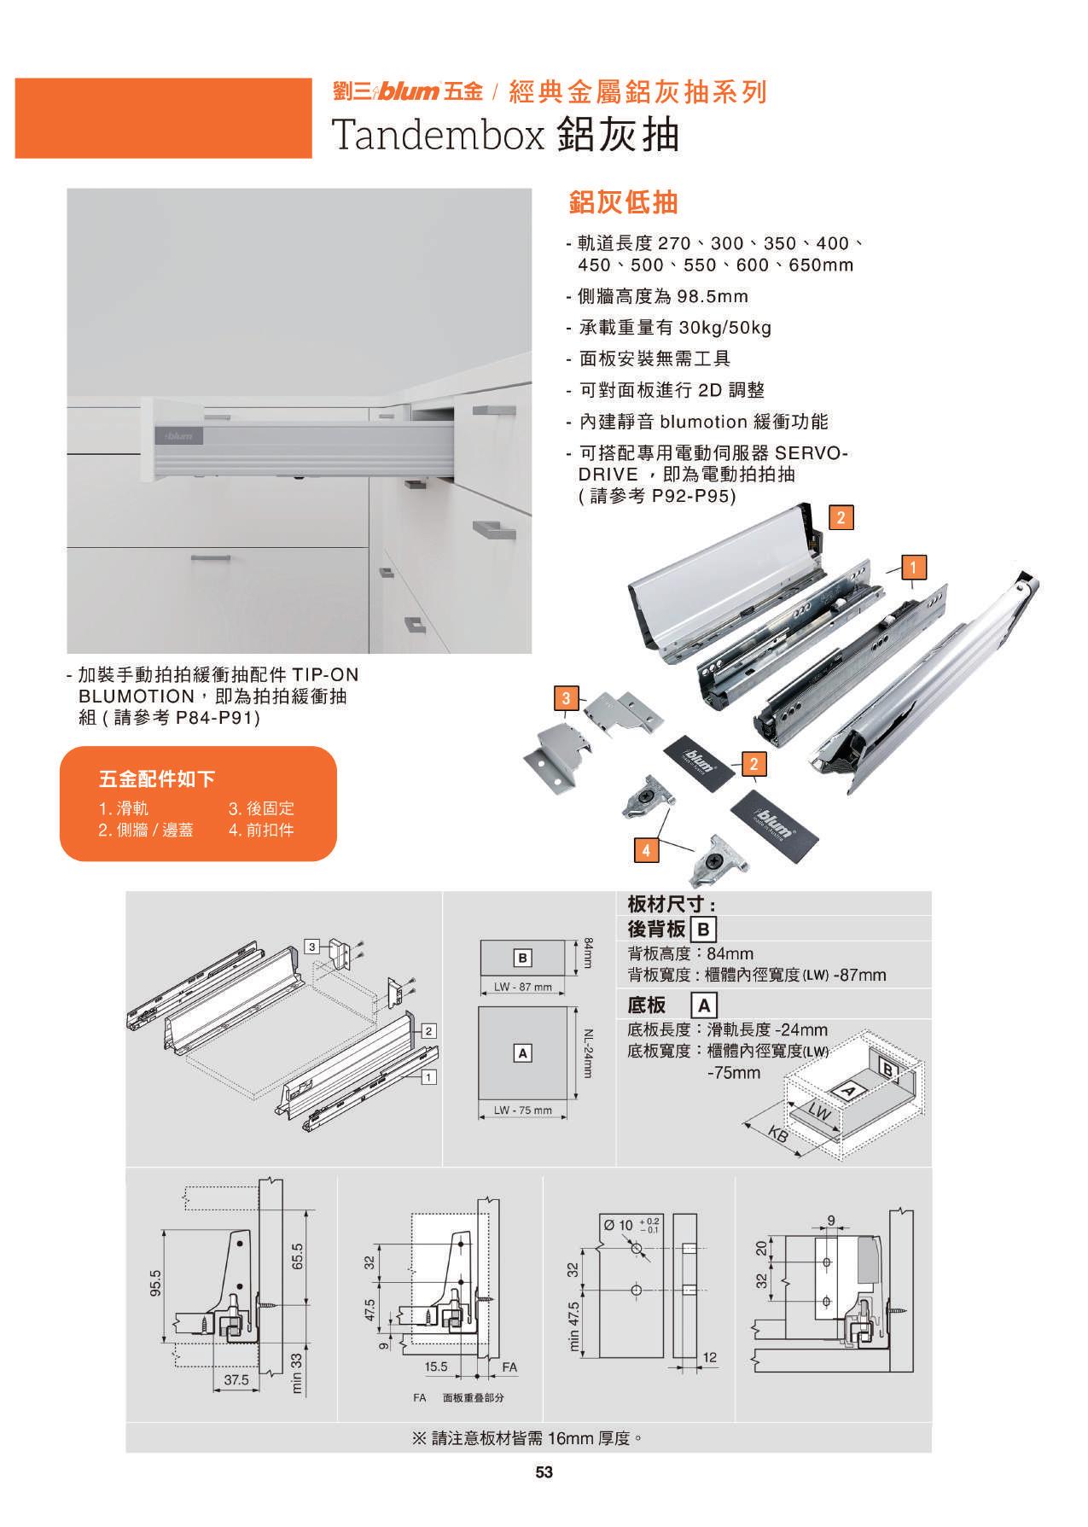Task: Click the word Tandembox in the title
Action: (438, 134)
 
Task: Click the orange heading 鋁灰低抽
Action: (623, 202)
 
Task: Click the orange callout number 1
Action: (913, 566)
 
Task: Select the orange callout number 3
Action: (566, 698)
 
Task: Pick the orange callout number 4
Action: (646, 850)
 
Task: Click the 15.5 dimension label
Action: (435, 1367)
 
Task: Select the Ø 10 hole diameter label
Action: (618, 1225)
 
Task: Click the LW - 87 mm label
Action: (523, 987)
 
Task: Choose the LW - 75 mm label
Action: (523, 1110)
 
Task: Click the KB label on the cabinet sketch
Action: (778, 1136)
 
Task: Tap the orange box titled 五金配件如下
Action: (198, 803)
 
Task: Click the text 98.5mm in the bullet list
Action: (713, 296)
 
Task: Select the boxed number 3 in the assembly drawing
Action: (313, 947)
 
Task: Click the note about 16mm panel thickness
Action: (527, 1438)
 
